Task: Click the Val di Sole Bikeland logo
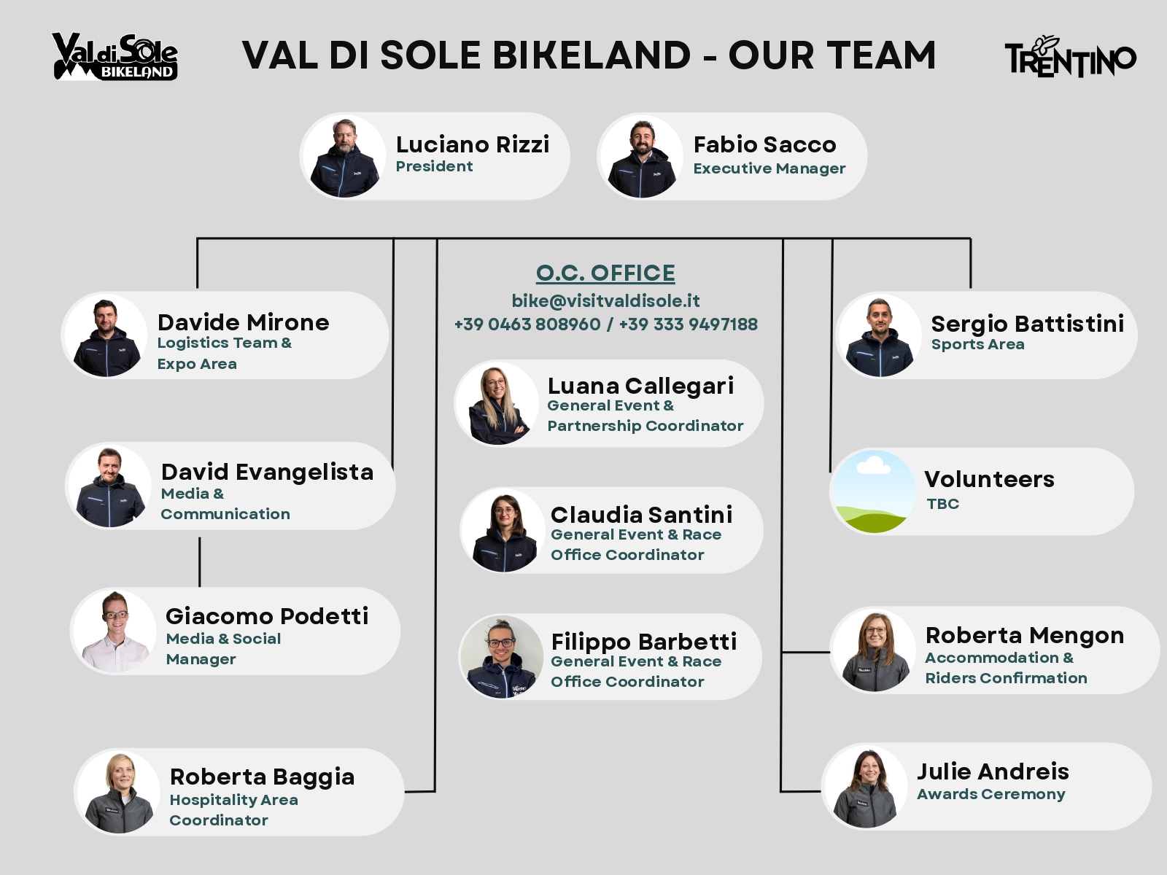[115, 57]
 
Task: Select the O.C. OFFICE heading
[605, 273]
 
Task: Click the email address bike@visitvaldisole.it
[605, 301]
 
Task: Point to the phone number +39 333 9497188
[689, 324]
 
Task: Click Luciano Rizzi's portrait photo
[344, 157]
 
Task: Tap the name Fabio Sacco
[764, 144]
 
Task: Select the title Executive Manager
[769, 168]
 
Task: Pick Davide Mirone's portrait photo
[106, 335]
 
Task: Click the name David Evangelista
[268, 472]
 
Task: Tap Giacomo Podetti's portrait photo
[115, 631]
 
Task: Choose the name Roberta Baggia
[262, 777]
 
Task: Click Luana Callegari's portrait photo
[497, 404]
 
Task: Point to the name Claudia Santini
[642, 515]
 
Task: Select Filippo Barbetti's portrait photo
[502, 657]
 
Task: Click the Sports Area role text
[978, 344]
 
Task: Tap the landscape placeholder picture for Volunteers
[873, 491]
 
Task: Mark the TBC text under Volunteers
[943, 504]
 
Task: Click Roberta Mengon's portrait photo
[875, 651]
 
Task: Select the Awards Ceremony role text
[991, 794]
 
